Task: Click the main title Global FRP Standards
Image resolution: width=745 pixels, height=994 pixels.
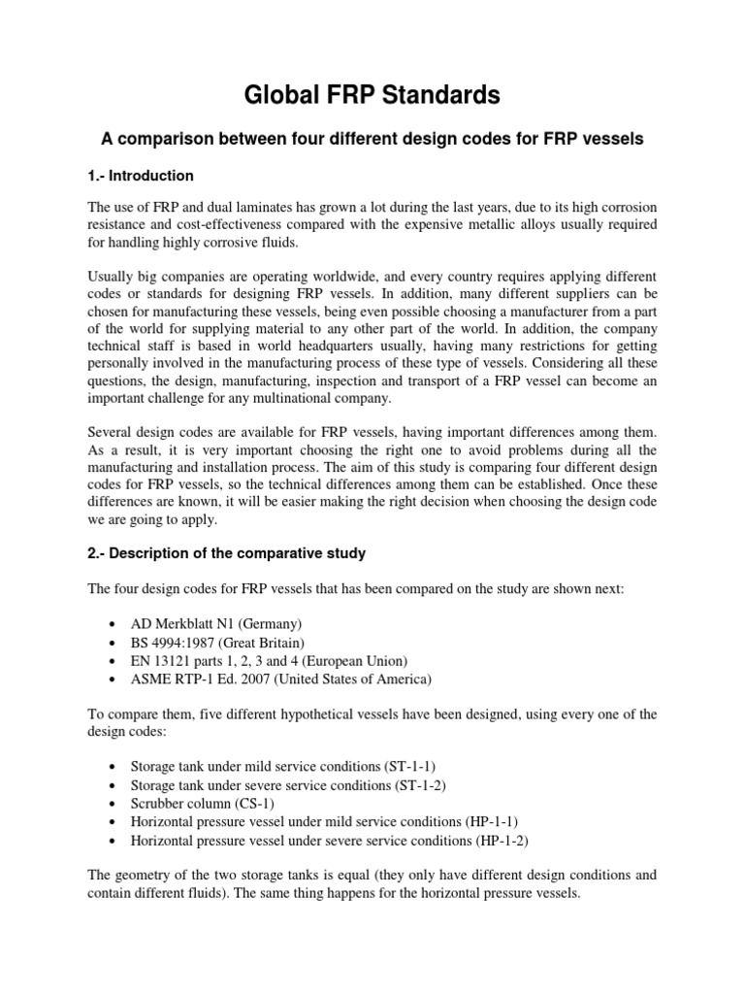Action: tap(372, 95)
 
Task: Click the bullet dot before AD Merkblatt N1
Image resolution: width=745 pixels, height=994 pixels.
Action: tap(116, 623)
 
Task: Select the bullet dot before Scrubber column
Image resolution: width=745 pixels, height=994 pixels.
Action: tap(116, 805)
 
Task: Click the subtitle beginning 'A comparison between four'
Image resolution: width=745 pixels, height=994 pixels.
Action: tap(372, 139)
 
